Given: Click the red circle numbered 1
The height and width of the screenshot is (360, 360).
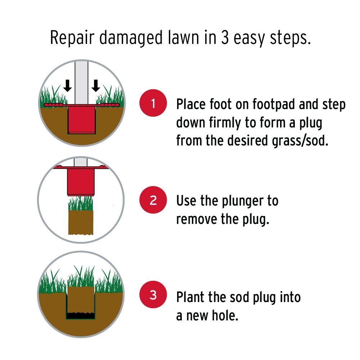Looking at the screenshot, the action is click(153, 103).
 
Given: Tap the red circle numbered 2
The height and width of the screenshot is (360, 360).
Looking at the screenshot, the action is click(153, 200).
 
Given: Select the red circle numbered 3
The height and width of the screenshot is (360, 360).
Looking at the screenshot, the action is click(153, 294).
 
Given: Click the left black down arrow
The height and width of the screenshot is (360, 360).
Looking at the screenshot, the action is click(67, 86).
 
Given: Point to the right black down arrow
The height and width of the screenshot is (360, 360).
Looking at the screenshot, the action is click(96, 86).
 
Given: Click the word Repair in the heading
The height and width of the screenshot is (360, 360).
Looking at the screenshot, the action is click(72, 38).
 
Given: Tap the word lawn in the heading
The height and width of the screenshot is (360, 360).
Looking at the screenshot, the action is click(184, 37).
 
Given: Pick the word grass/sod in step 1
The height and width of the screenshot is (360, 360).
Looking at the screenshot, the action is click(300, 141).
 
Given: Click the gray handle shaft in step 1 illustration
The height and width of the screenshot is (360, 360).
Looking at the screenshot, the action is click(81, 83).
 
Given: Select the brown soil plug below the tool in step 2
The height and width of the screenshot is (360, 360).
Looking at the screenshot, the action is click(81, 222).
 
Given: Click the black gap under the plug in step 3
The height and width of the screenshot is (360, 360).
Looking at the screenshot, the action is click(81, 316).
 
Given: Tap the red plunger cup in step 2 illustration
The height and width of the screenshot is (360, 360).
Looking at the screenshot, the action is click(81, 182).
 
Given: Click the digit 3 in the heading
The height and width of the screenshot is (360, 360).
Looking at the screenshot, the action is click(225, 37).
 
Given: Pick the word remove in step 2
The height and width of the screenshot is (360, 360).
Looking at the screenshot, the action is click(196, 219).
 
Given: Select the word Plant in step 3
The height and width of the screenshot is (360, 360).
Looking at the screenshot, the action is click(190, 297).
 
